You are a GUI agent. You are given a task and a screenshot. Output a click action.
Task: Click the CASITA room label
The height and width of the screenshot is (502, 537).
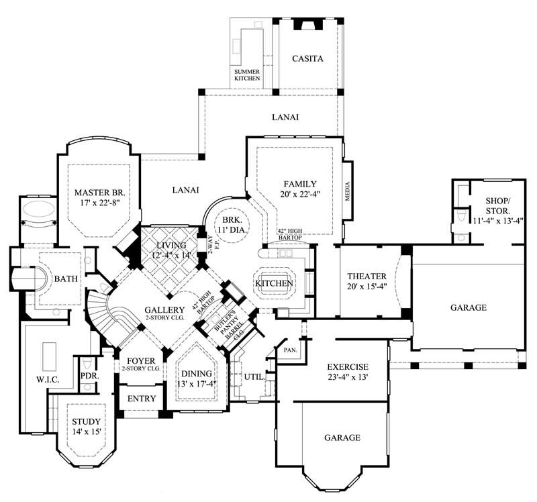pyautogui.click(x=307, y=59)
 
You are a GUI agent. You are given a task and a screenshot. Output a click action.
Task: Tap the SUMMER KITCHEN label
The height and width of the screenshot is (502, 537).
pyautogui.click(x=246, y=74)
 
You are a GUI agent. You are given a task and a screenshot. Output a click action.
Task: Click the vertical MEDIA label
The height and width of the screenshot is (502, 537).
pyautogui.click(x=348, y=192)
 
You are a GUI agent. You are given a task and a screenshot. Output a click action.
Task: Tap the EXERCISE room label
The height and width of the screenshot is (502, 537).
pyautogui.click(x=347, y=367)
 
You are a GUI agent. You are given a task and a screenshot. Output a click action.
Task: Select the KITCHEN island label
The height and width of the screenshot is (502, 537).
pyautogui.click(x=274, y=284)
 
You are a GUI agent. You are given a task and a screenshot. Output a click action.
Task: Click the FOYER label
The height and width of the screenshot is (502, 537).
pyautogui.click(x=140, y=360)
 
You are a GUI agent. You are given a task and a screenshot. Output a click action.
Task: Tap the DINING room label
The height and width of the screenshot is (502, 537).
pyautogui.click(x=195, y=374)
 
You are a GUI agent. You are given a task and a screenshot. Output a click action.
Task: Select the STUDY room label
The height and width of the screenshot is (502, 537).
pyautogui.click(x=87, y=421)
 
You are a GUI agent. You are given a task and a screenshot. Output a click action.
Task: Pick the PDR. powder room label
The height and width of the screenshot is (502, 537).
pyautogui.click(x=89, y=376)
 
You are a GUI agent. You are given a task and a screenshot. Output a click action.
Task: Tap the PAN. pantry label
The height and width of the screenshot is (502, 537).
pyautogui.click(x=291, y=349)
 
